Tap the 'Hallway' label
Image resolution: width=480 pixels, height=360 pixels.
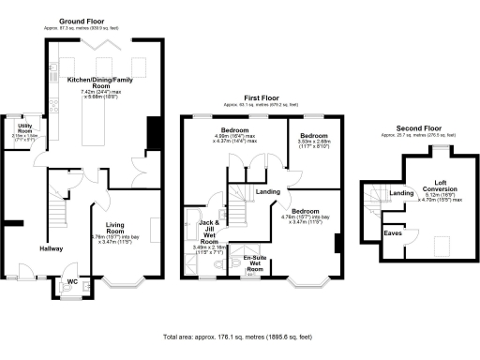51,248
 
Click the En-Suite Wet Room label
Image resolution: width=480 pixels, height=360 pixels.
253,262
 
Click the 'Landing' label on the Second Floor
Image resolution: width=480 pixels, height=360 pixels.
401,193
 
